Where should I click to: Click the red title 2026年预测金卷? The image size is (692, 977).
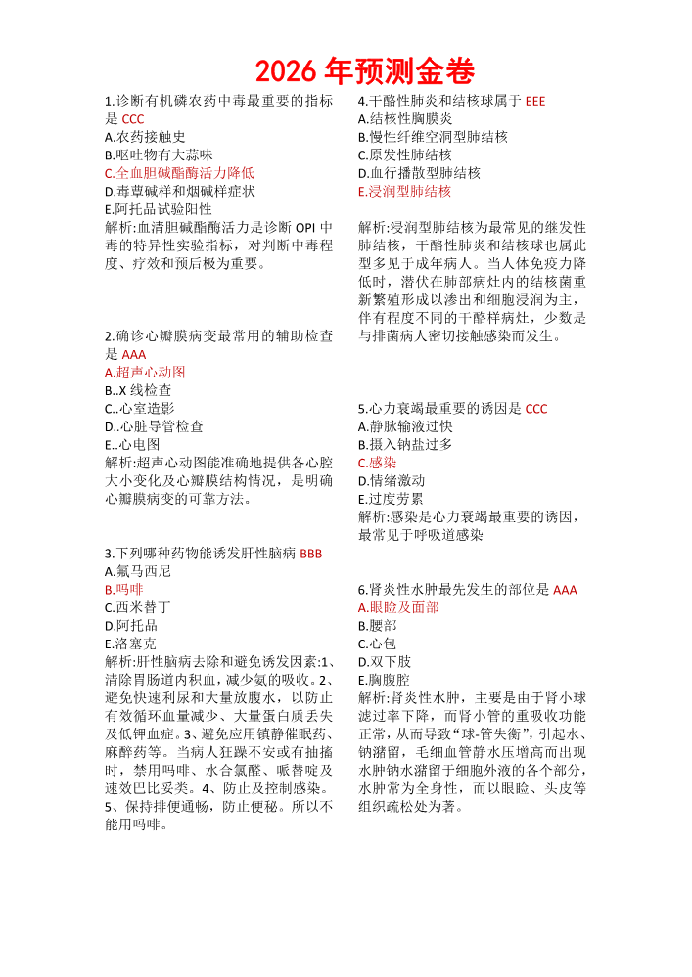[x=364, y=71]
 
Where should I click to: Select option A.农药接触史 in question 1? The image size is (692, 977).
[x=145, y=137]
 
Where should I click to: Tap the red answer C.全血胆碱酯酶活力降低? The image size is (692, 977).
[x=179, y=173]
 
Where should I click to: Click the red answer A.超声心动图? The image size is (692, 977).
[x=145, y=373]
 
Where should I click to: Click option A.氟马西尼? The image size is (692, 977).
[x=138, y=571]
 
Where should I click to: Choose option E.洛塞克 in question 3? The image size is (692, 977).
[x=130, y=644]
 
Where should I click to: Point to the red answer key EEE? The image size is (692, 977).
[x=535, y=101]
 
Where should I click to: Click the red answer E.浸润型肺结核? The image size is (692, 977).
[x=405, y=192]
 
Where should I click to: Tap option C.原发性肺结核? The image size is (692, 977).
[x=405, y=155]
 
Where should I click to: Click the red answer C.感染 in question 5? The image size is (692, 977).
[x=378, y=463]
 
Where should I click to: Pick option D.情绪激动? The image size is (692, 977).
[x=392, y=481]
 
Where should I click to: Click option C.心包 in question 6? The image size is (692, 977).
[x=377, y=644]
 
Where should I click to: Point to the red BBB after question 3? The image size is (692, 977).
[x=310, y=554]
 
